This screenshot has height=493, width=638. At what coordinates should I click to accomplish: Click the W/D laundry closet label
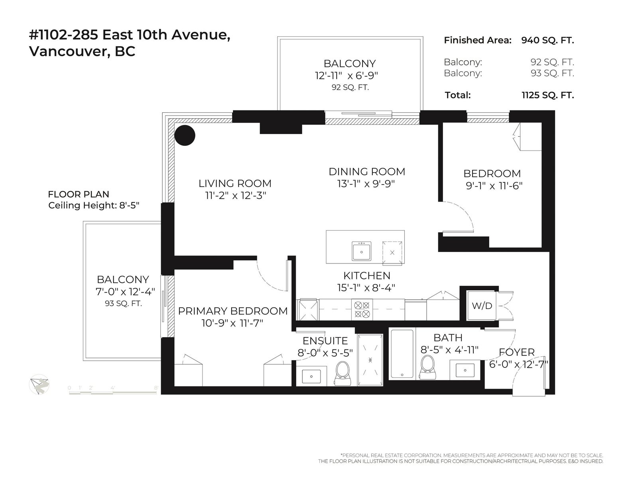[482, 306]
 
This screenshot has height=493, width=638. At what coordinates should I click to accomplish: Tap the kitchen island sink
[361, 251]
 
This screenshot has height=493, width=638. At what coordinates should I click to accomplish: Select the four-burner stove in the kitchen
[362, 310]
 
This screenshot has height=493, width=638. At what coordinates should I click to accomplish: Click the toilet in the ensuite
[343, 373]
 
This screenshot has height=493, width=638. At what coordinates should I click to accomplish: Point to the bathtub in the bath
[402, 354]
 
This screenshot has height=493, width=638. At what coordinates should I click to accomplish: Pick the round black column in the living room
[185, 135]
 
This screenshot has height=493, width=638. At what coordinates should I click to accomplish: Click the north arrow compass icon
[39, 385]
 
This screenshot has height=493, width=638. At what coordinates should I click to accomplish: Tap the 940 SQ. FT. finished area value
[547, 40]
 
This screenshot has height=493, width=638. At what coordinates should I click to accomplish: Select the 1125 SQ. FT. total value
[547, 95]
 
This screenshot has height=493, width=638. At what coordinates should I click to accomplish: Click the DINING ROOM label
[367, 172]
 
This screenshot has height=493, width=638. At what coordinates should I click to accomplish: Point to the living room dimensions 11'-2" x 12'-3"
[236, 195]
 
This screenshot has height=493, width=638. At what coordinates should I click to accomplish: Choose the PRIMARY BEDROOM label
[233, 311]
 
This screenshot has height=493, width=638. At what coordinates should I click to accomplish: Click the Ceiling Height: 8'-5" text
[94, 205]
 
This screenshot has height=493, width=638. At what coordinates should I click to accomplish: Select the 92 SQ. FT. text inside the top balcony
[350, 87]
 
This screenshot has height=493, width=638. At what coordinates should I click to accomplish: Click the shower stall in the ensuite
[370, 360]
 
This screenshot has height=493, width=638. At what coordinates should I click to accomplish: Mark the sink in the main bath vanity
[465, 370]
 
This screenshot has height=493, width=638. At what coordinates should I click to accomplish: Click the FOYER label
[517, 352]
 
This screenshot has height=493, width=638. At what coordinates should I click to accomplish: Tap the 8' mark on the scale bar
[156, 388]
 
